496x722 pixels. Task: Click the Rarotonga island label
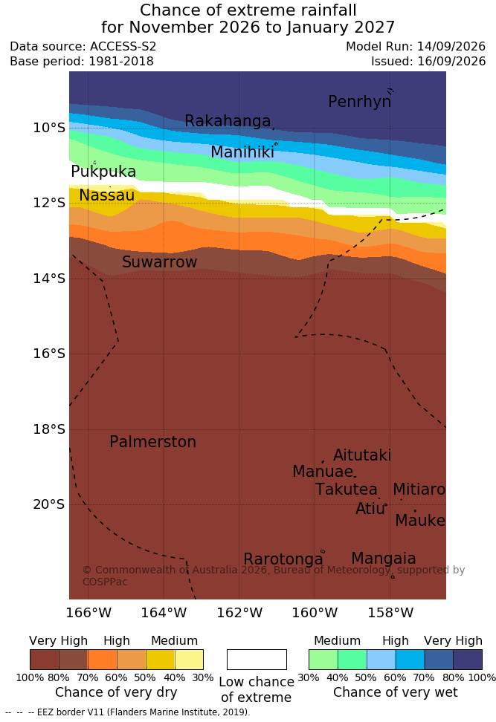[283, 559]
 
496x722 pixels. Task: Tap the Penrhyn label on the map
[360, 102]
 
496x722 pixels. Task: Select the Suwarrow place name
[159, 262]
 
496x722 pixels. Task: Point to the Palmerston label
[152, 442]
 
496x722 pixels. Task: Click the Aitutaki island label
[362, 455]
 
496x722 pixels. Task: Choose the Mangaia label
[384, 559]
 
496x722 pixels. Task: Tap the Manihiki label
[242, 152]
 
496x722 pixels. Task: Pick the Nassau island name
[107, 195]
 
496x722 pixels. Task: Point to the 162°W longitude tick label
[239, 613]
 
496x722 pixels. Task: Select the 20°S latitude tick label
[49, 504]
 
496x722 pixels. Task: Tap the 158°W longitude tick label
[390, 613]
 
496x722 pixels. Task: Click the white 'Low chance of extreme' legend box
[257, 660]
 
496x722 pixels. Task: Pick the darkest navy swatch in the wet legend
[468, 660]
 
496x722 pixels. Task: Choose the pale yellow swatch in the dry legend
[189, 660]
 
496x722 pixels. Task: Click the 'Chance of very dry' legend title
[116, 692]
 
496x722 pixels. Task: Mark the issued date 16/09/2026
[451, 61]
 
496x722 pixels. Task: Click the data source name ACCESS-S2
[123, 47]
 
